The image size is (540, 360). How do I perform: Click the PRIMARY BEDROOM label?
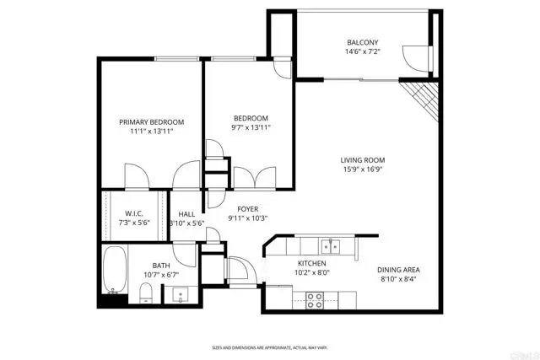tap(151, 122)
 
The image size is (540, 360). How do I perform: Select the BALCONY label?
tap(363, 43)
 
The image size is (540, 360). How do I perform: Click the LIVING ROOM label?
tap(363, 160)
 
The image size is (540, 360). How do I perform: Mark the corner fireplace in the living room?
tap(419, 94)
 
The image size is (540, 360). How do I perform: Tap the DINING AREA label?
tap(400, 270)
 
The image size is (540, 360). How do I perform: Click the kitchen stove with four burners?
tap(315, 297)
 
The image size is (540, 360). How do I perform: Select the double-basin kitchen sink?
tap(330, 246)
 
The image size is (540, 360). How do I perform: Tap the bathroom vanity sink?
tap(179, 295)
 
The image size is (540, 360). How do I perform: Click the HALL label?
tap(186, 214)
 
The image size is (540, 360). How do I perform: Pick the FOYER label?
tap(247, 208)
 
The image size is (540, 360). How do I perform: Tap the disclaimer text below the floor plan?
tap(269, 347)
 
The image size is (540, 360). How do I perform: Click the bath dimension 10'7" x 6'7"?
tap(161, 274)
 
